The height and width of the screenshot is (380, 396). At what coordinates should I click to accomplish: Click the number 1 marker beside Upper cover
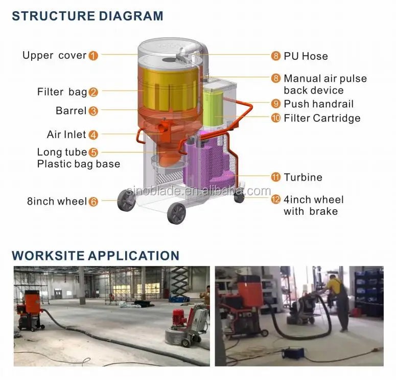coord(93,56)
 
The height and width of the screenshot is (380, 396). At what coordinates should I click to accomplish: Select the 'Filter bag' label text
coord(62,92)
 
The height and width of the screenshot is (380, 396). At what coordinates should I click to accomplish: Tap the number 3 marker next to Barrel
coord(93,111)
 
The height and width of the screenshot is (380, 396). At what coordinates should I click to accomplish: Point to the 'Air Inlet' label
coord(66,135)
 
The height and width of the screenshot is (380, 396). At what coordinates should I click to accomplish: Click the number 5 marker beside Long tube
coord(93,152)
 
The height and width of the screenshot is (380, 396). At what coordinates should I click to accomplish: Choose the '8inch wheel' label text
coord(57,202)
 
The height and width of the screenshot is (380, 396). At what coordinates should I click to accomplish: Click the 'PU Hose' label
coord(306,56)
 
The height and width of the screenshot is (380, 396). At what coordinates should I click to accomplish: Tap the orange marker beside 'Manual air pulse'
coord(276,79)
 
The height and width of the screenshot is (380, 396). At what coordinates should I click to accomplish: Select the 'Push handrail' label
coord(318,104)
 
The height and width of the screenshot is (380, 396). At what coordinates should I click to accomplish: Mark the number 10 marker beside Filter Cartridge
coord(276,118)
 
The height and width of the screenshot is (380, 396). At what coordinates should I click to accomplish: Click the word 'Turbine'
coord(303,177)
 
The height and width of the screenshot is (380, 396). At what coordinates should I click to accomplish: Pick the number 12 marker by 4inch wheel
coord(276,199)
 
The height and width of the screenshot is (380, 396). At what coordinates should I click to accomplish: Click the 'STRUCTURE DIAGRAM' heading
coord(87,16)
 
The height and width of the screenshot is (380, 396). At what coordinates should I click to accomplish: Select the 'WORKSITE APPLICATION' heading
coord(96,256)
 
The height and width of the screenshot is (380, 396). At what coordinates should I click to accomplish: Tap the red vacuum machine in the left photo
coord(29,309)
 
